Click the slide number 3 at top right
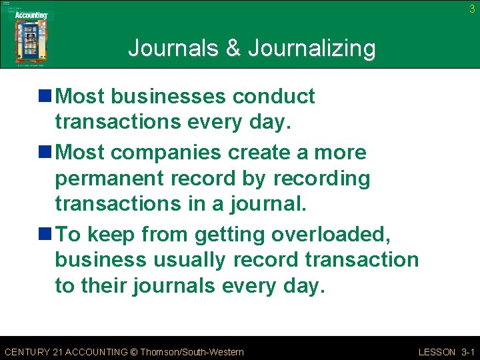(472, 9)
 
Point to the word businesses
(168, 97)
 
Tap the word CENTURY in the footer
(27, 351)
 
